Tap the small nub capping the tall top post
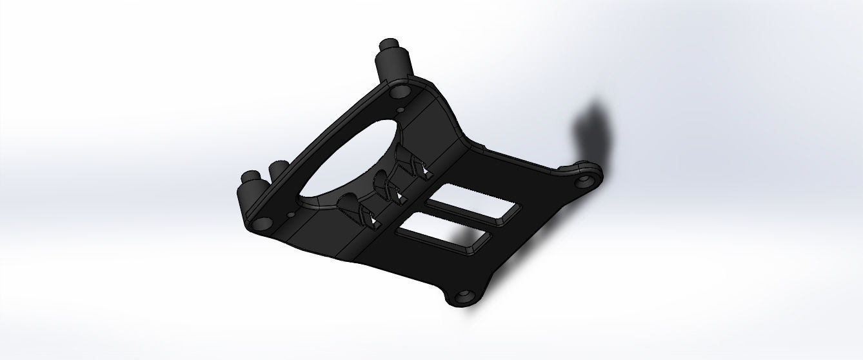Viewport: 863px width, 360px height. click(390, 45)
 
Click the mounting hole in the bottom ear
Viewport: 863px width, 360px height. click(464, 297)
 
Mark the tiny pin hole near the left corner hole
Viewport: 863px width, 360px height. click(290, 213)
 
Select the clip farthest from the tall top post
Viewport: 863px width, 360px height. click(359, 209)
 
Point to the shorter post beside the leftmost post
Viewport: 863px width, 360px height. click(279, 173)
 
